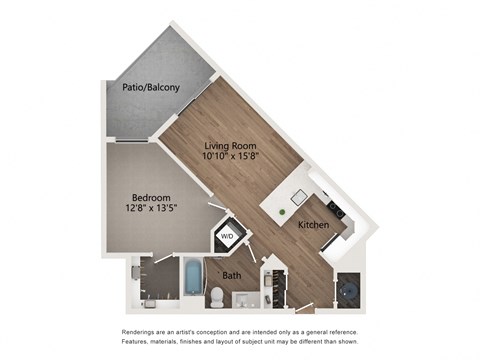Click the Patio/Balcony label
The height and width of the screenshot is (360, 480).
pyautogui.click(x=151, y=87)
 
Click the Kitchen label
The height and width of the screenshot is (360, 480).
pyautogui.click(x=314, y=225)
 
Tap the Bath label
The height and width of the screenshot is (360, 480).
pyautogui.click(x=232, y=275)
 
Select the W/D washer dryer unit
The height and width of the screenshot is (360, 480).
pyautogui.click(x=228, y=237)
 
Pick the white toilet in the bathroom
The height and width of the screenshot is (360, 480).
pyautogui.click(x=216, y=296)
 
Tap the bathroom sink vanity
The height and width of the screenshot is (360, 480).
pyautogui.click(x=249, y=299)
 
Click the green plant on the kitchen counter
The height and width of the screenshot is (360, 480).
pyautogui.click(x=284, y=212)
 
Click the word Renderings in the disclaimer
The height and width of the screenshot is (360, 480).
pyautogui.click(x=141, y=330)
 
